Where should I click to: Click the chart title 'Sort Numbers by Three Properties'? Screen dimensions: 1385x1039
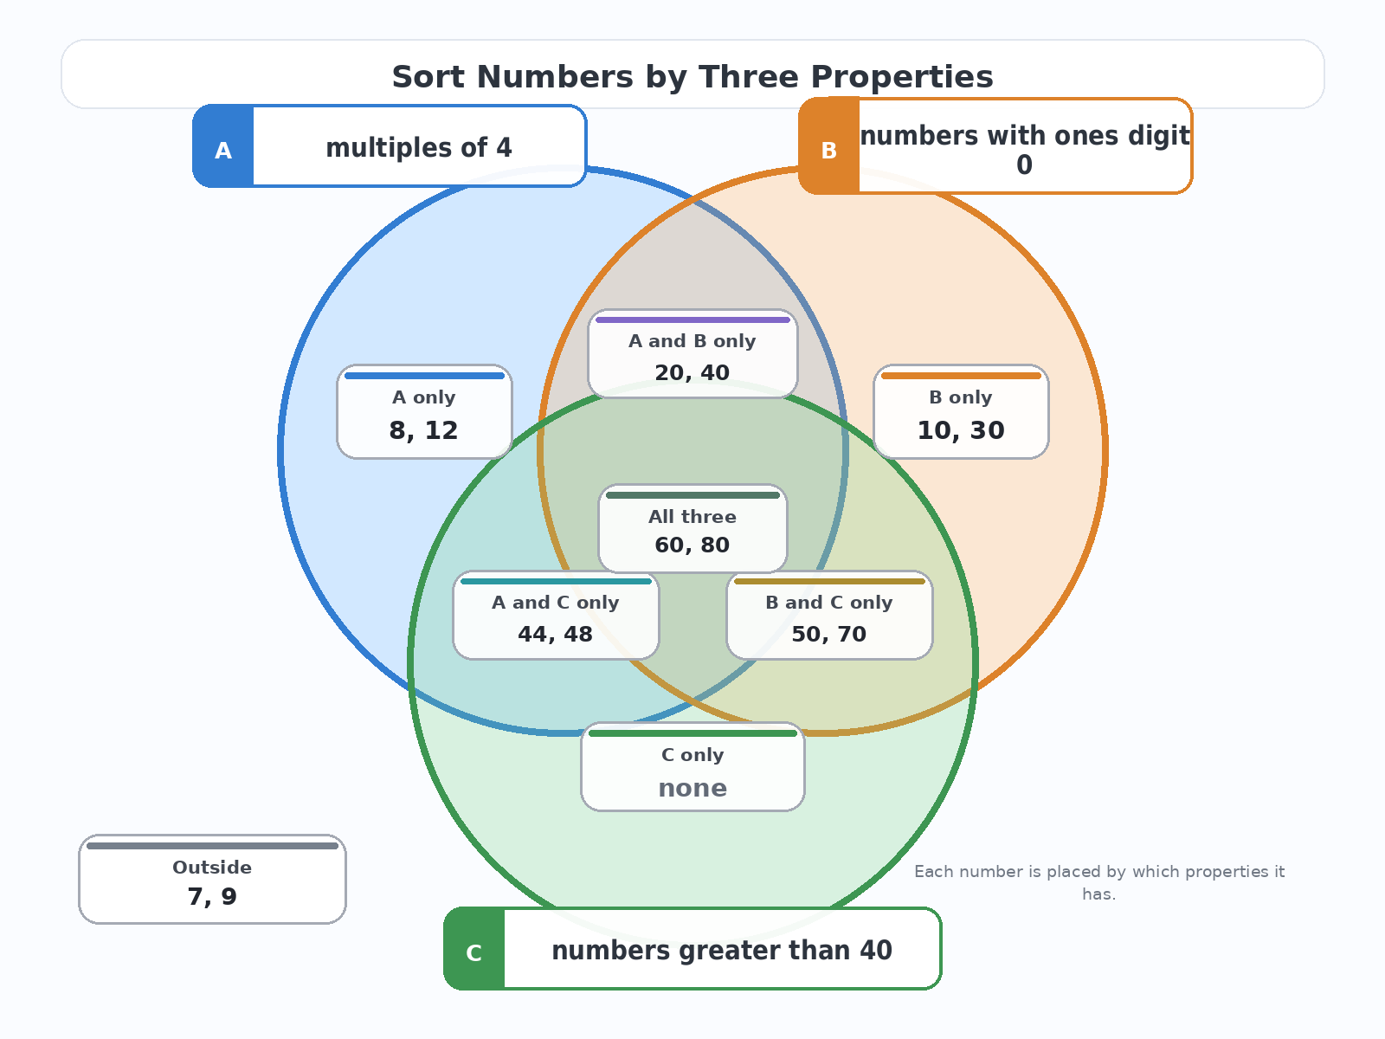(x=692, y=77)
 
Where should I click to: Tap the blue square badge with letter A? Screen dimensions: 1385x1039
(x=223, y=145)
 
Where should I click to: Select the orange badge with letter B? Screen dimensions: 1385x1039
(x=829, y=145)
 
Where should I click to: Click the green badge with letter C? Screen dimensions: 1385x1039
(x=473, y=949)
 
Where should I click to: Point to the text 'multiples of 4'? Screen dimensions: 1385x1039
(x=419, y=147)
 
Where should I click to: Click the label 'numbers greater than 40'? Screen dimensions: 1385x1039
(x=722, y=950)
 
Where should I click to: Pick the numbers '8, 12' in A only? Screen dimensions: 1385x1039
(x=423, y=430)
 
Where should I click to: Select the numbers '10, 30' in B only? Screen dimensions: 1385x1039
(x=961, y=430)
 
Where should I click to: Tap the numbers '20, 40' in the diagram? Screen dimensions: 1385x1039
(x=692, y=373)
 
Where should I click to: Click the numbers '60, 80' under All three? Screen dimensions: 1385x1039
(x=692, y=545)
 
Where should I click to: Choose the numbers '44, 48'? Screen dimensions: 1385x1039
(x=555, y=634)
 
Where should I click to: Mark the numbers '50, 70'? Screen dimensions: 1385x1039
(x=829, y=634)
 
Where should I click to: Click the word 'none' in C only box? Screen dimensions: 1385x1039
(x=692, y=788)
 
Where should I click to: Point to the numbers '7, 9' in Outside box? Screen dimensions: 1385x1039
(x=212, y=896)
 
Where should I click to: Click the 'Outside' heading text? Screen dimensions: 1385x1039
(x=212, y=868)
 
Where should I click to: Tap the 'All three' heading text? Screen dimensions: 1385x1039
(x=692, y=517)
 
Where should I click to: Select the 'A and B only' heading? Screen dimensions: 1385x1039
(x=692, y=341)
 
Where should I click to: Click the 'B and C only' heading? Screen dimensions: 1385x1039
(x=829, y=603)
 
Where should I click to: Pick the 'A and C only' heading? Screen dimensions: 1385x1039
(x=555, y=603)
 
